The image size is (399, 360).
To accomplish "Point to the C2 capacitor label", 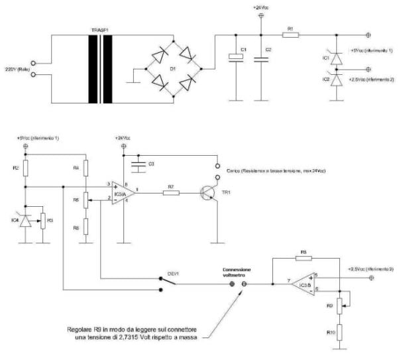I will [268, 50].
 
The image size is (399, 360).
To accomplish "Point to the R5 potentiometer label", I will [77, 198].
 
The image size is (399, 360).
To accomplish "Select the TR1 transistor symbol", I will [211, 192].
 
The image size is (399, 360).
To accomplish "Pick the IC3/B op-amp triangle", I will [304, 284].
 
